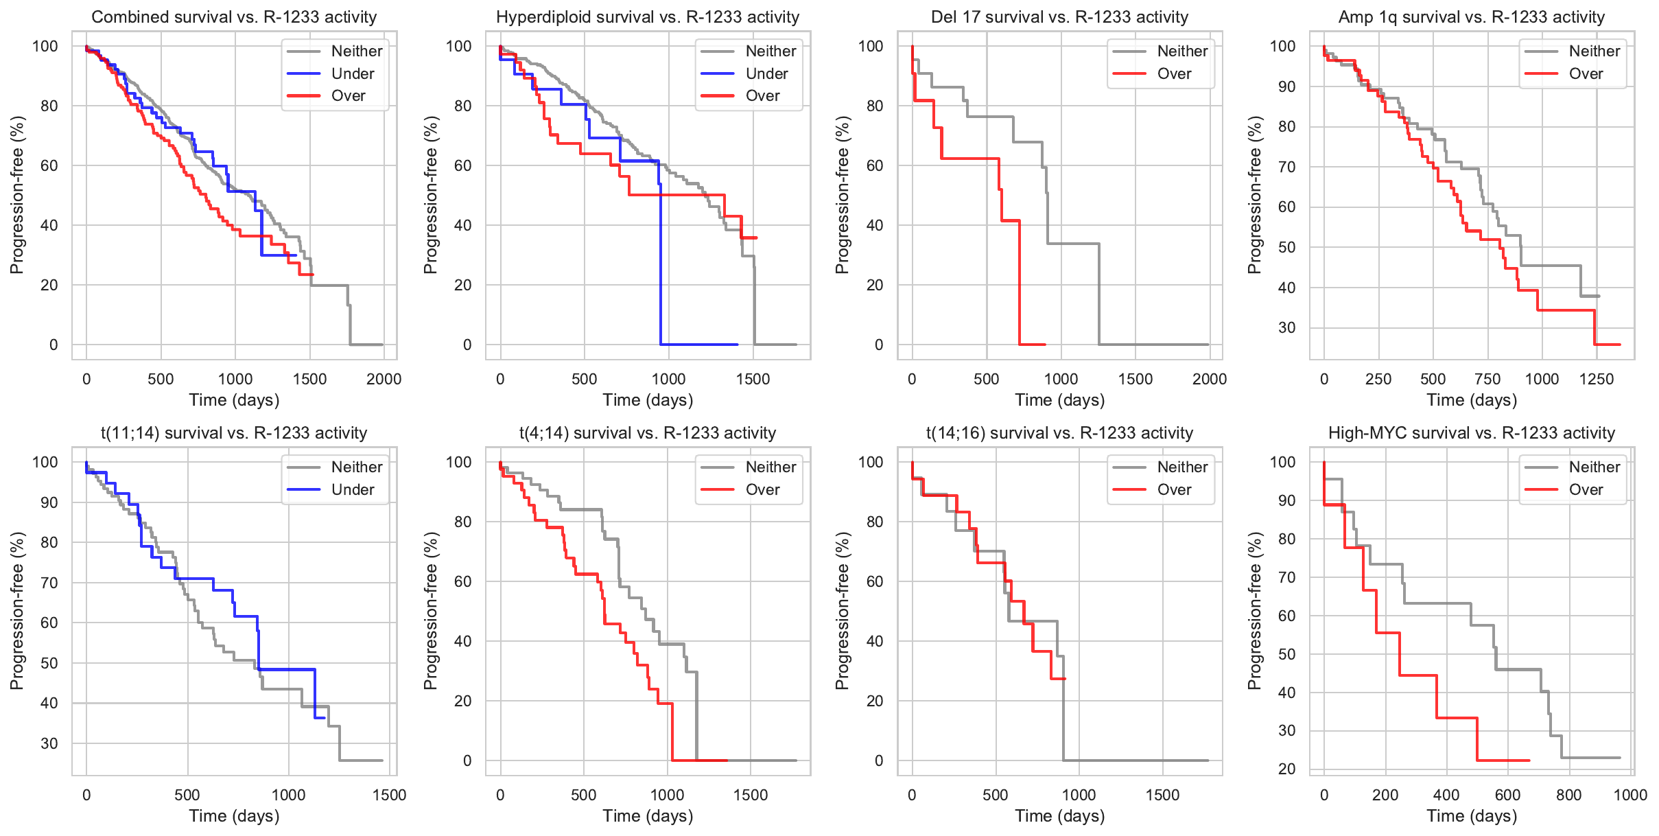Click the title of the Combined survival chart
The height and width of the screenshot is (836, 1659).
(x=234, y=17)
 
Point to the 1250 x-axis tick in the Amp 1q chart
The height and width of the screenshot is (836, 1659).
(x=1597, y=379)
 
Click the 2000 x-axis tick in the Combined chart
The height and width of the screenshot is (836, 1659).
(x=384, y=379)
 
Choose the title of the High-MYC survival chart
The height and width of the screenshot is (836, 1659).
(x=1472, y=433)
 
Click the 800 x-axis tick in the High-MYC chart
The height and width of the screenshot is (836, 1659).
(x=1568, y=795)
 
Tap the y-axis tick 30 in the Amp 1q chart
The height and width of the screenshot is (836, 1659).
(x=1286, y=327)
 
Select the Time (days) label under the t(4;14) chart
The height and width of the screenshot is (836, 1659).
(x=648, y=815)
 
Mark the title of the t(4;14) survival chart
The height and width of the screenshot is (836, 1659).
(x=648, y=433)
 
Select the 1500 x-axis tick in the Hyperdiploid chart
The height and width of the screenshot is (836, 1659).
(x=753, y=379)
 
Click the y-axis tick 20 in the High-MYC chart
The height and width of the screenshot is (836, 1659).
(x=1286, y=769)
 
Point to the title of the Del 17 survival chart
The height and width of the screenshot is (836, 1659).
(x=1059, y=17)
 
